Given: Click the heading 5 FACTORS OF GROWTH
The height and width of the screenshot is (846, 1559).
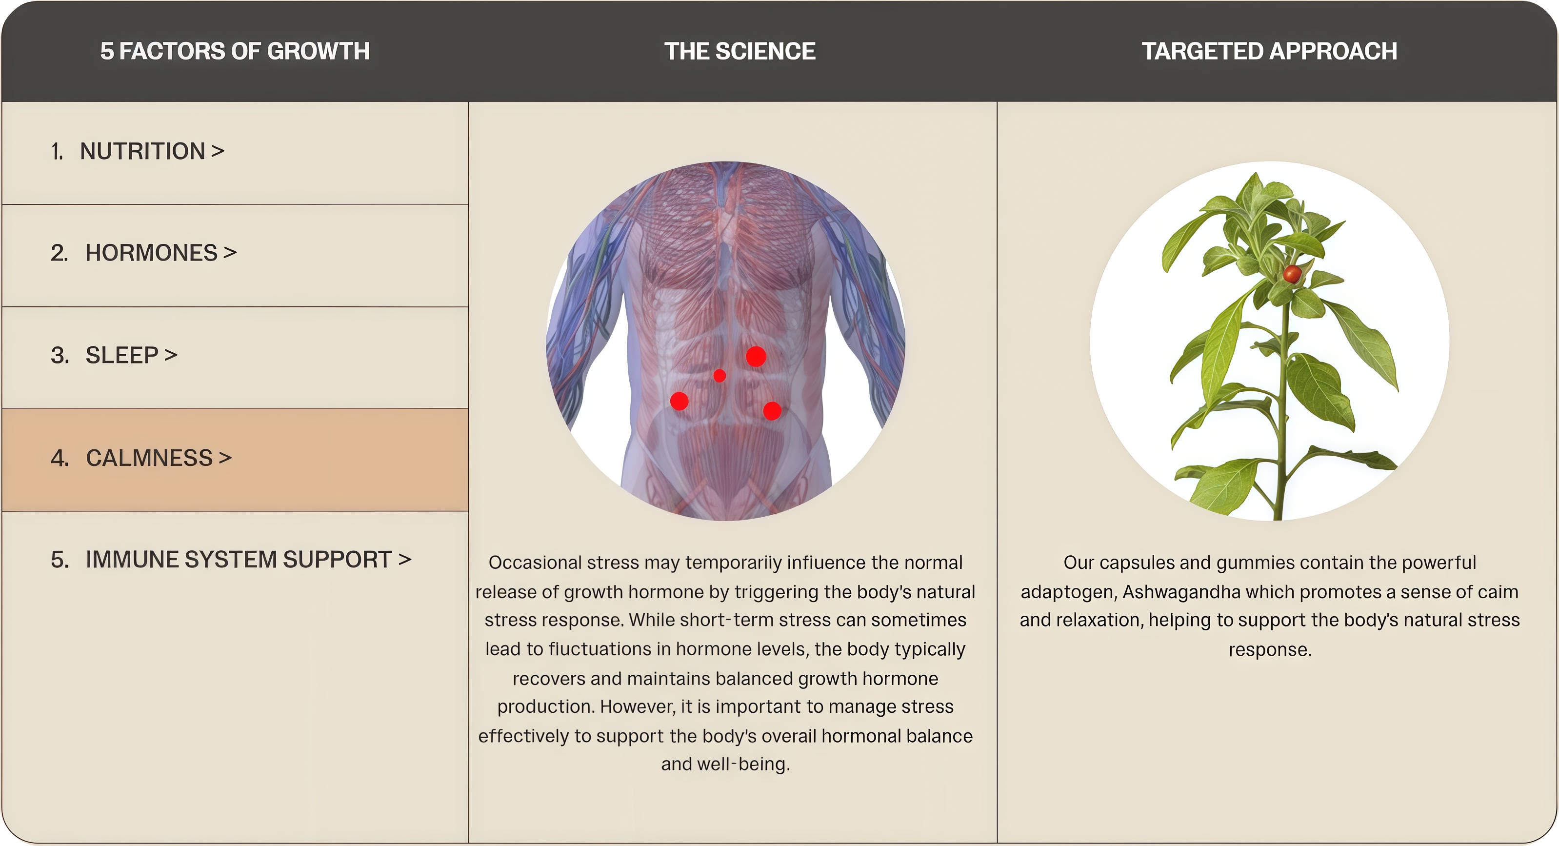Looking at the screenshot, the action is (235, 51).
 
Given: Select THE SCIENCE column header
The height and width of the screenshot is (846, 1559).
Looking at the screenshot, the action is (740, 51).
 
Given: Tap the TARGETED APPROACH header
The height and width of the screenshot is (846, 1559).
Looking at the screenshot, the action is (1269, 51).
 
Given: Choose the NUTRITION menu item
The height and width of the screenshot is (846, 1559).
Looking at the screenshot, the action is (138, 151).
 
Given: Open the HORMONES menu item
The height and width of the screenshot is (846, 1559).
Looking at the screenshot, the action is (143, 253).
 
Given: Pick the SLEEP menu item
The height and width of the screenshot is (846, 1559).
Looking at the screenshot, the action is (114, 355).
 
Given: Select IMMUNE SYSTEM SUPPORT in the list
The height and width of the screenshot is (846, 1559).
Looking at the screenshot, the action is (231, 560).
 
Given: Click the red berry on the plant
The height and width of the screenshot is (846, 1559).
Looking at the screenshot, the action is (1292, 274).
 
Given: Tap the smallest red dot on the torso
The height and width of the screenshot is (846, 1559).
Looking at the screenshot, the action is (720, 376).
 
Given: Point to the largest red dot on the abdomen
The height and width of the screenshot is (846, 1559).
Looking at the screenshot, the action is (756, 357).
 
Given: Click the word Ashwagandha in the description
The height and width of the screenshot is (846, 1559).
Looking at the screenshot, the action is (1181, 592).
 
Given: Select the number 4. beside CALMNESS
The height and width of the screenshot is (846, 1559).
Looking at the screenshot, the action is (60, 458).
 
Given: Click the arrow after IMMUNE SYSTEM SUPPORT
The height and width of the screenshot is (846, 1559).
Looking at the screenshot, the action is (405, 560).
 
